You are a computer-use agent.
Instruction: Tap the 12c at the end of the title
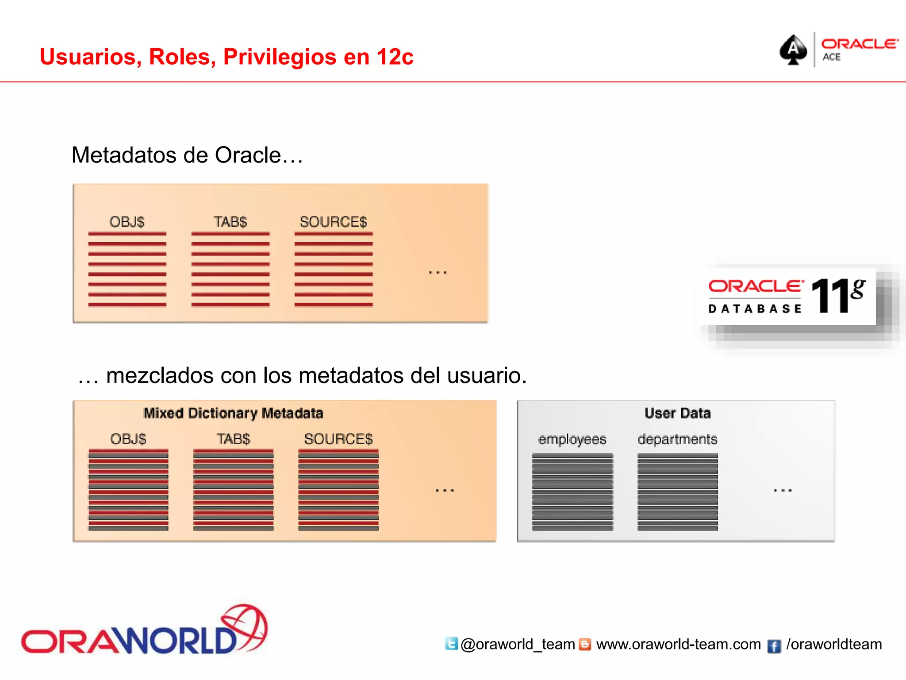click(x=395, y=57)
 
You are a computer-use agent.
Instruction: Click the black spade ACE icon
click(x=793, y=50)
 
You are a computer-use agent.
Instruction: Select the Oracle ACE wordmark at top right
click(x=859, y=49)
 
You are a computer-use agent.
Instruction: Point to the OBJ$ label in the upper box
click(x=127, y=222)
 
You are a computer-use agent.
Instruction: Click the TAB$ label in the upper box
click(x=230, y=222)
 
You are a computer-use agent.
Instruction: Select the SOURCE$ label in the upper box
click(x=333, y=222)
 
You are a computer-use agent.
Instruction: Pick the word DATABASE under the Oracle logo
click(x=755, y=309)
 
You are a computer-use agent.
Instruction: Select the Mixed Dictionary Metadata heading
click(x=233, y=413)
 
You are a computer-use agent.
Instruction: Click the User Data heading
click(x=677, y=413)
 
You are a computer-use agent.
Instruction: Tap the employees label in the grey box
click(x=572, y=439)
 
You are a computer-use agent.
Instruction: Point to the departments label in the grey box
click(x=677, y=439)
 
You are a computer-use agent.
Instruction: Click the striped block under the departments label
click(x=677, y=492)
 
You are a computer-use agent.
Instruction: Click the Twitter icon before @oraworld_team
click(x=451, y=643)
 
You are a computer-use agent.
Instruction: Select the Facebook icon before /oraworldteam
click(x=774, y=646)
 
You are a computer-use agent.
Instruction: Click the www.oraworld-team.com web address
click(x=678, y=644)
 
